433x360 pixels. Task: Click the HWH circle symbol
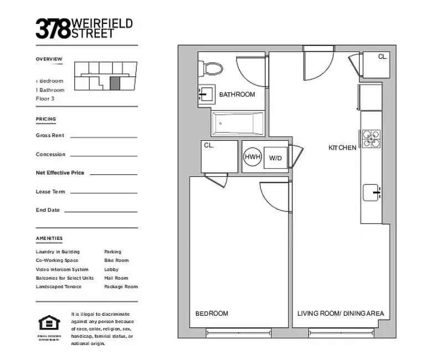point(252,157)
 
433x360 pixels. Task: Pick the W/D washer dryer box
point(275,158)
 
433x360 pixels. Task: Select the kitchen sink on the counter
point(372,193)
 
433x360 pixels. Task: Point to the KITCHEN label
point(342,148)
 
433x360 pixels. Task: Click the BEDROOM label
point(212,313)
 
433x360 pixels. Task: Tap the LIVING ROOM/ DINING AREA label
point(341,313)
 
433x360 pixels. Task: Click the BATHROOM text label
point(237,95)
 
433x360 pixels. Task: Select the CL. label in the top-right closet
point(383,56)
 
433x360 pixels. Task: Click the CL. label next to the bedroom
point(209,146)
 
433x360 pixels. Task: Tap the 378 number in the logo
point(53,28)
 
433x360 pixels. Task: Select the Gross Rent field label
point(50,135)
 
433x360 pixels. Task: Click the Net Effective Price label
point(60,173)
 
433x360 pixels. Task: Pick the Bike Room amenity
point(116,260)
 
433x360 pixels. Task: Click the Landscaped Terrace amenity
point(59,287)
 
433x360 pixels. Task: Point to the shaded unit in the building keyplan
point(115,84)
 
